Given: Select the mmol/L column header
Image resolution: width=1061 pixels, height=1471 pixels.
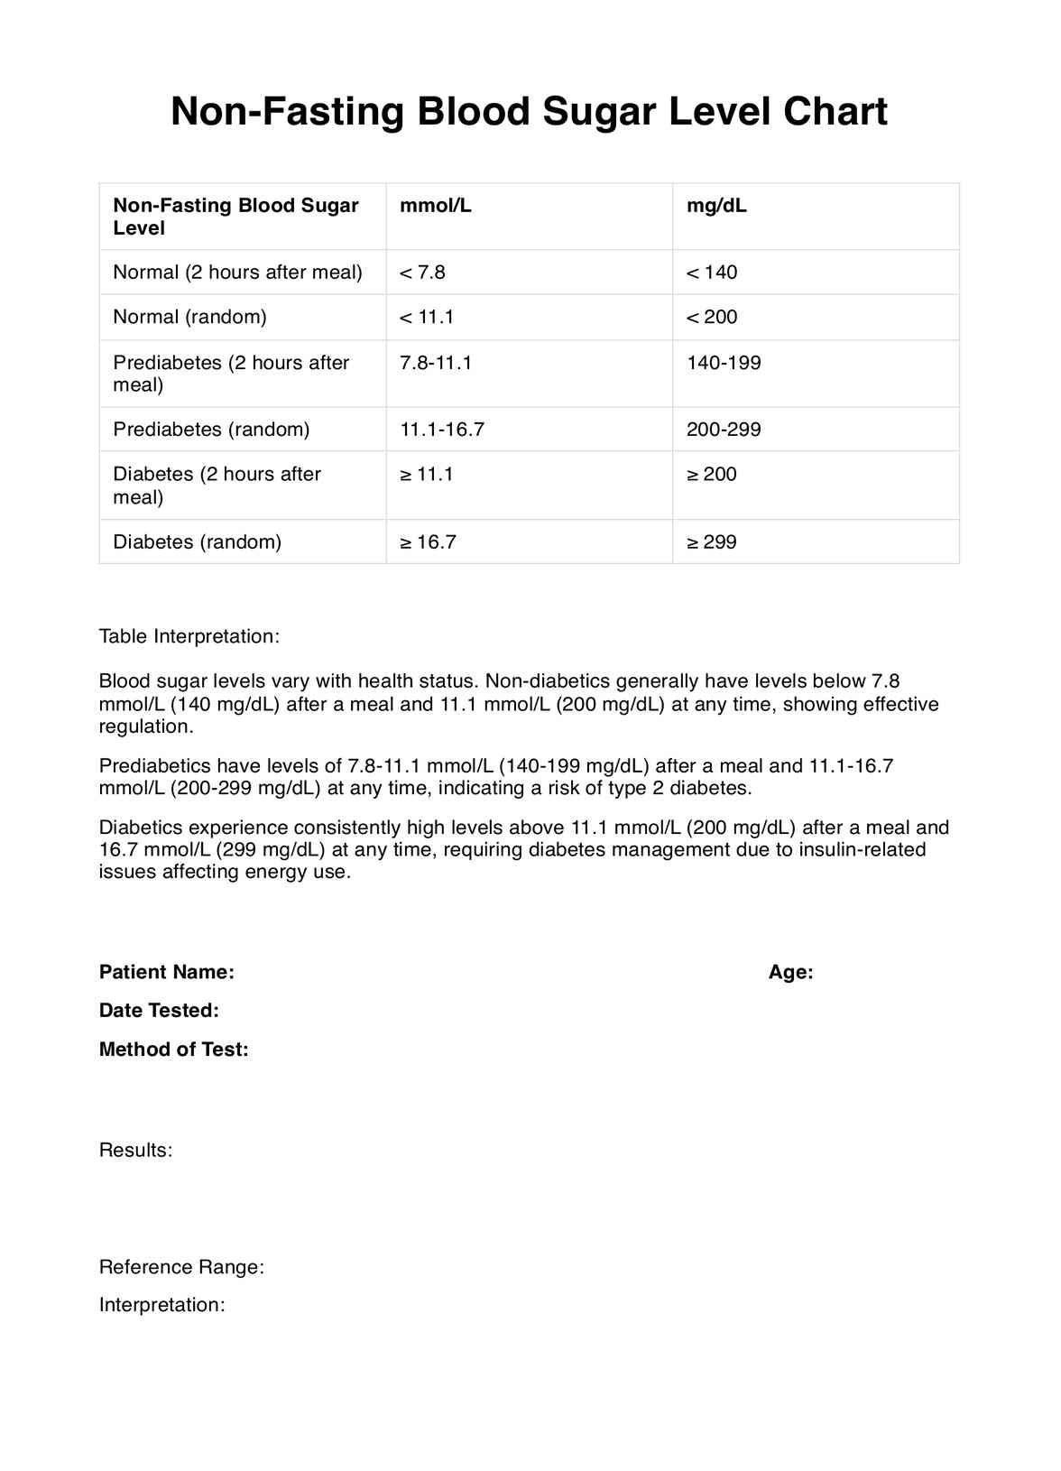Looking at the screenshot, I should click(x=436, y=206).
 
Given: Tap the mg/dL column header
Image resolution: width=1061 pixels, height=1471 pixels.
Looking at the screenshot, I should click(x=716, y=206).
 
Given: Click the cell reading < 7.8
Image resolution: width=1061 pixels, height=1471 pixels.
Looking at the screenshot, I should click(x=422, y=273).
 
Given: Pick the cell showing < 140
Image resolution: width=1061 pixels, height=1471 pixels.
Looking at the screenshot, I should click(x=712, y=273).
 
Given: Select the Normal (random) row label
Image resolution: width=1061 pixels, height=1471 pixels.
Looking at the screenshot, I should click(x=189, y=317).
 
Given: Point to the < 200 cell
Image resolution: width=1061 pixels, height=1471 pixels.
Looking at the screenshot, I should click(x=712, y=317).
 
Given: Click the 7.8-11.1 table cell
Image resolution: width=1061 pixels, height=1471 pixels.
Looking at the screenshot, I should click(x=436, y=363).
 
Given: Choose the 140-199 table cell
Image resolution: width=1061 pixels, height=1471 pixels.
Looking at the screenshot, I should click(x=724, y=363).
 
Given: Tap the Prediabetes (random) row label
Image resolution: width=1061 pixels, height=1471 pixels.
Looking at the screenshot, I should click(x=211, y=430).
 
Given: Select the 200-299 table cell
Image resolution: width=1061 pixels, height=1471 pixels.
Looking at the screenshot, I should click(x=724, y=430).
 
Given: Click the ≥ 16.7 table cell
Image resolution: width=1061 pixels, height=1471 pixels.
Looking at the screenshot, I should click(x=428, y=542).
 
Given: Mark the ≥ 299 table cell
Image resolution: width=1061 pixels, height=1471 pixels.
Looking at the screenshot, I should click(x=712, y=542).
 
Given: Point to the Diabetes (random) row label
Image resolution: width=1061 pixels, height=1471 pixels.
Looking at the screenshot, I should click(x=197, y=542).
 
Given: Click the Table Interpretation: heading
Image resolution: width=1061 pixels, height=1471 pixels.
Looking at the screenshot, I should click(x=189, y=636).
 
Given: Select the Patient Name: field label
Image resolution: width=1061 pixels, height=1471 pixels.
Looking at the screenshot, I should click(x=167, y=972).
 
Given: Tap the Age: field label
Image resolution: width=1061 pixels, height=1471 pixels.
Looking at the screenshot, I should click(x=791, y=972).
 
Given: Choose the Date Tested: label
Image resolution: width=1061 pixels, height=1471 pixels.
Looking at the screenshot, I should click(x=159, y=1011).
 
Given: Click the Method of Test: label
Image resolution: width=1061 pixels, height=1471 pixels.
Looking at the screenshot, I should click(x=173, y=1050).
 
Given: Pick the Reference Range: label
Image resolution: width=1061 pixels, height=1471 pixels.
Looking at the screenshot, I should click(x=181, y=1267).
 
